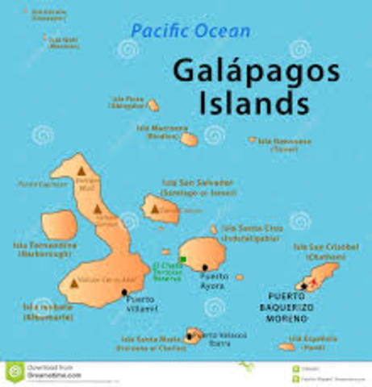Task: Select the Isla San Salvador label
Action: coord(198,187)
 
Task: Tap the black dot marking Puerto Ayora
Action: coord(206,268)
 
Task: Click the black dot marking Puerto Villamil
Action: coord(124,292)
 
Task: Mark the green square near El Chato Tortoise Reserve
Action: coord(184,259)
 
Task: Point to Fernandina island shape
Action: coord(58,225)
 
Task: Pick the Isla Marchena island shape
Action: coord(189,139)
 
